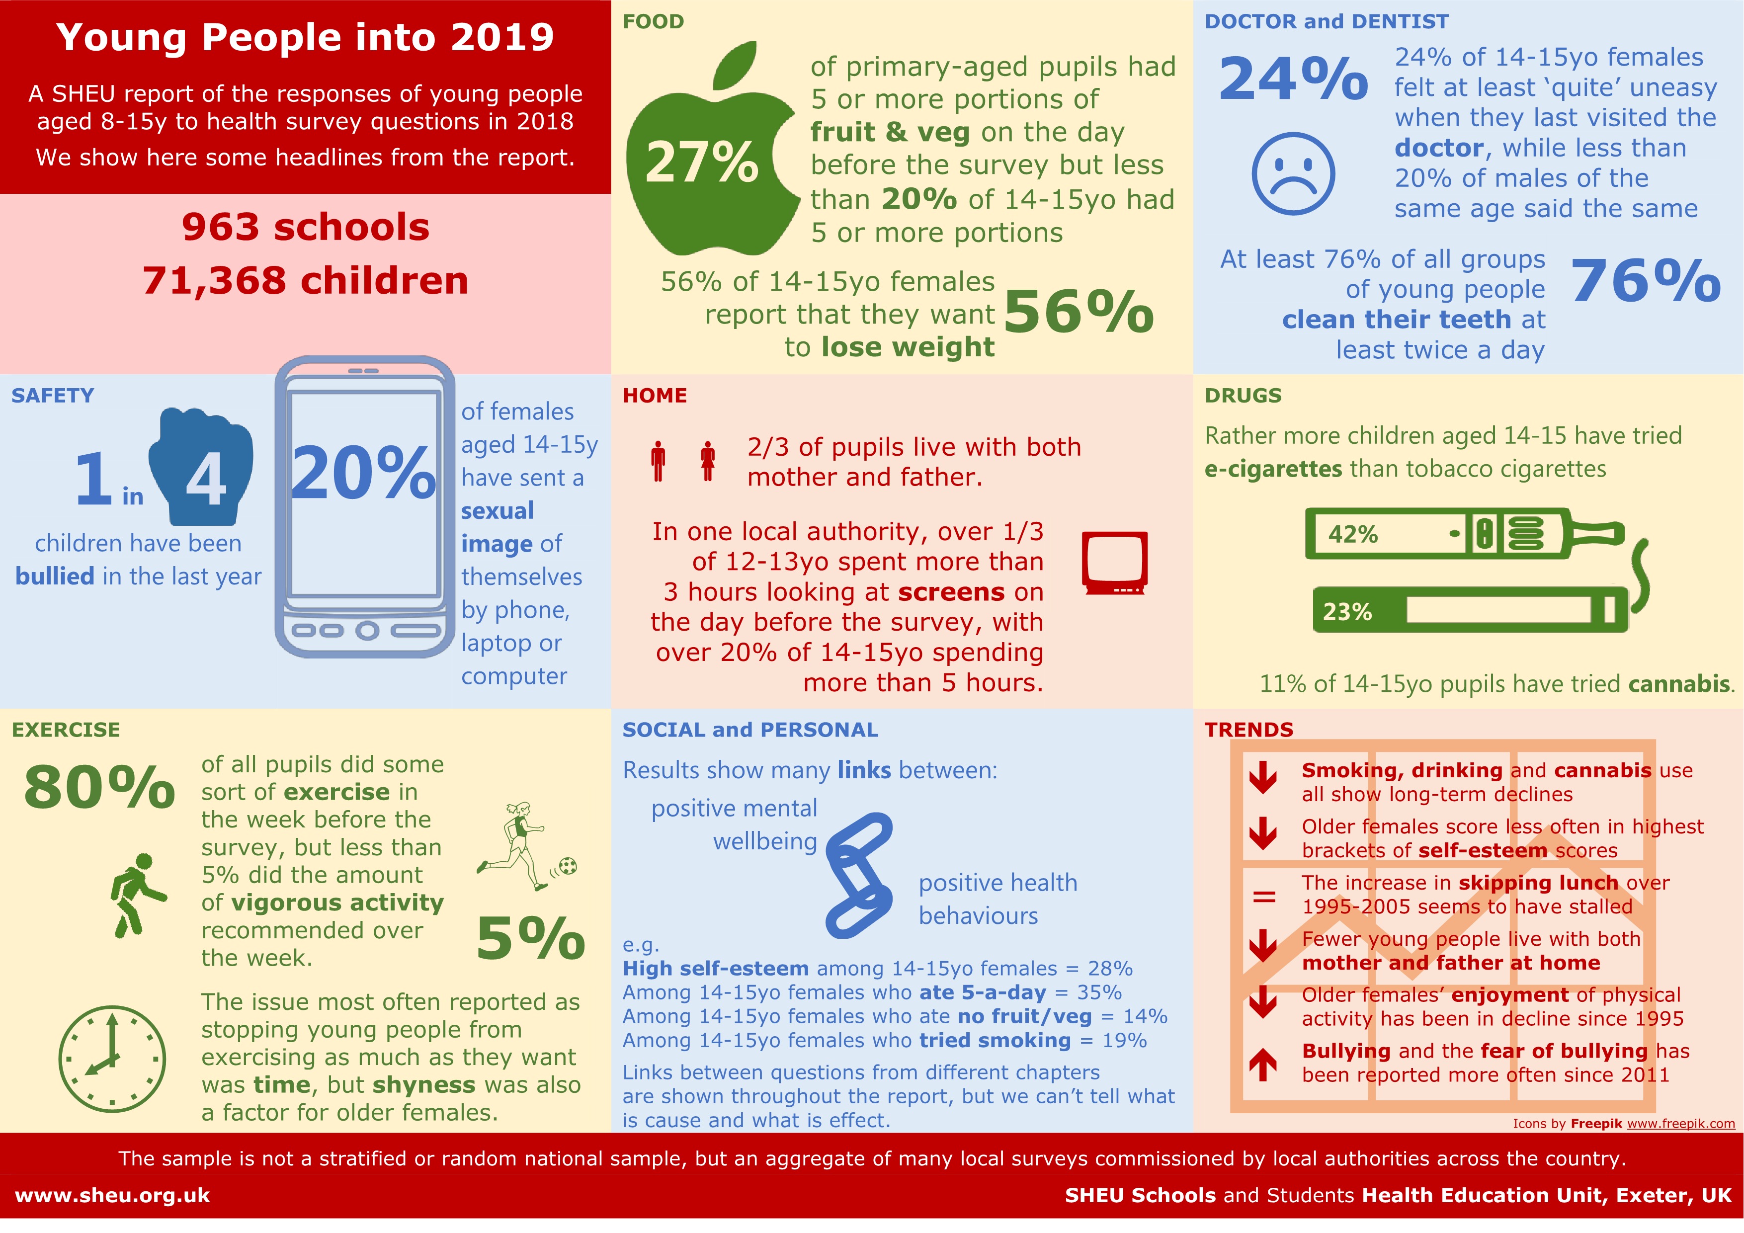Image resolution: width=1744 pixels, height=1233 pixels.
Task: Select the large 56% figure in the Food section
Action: coord(1078,312)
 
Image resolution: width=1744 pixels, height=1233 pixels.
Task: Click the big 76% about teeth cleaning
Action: coord(1645,281)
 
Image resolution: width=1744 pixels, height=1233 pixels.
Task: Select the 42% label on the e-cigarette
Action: coord(1353,534)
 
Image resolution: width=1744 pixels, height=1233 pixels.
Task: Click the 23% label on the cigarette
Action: coord(1347,612)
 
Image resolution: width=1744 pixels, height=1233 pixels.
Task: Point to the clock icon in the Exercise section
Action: coord(112,1059)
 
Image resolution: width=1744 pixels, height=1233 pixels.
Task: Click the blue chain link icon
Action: coord(859,875)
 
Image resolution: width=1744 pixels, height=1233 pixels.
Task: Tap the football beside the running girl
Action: coord(568,866)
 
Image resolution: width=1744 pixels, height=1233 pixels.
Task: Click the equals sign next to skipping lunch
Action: coord(1264,897)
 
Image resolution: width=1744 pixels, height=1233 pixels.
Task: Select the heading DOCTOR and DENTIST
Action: coord(1326,21)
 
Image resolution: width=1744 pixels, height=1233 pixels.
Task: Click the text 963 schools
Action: coord(305,227)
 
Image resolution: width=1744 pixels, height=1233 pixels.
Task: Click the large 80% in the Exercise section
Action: coord(99,788)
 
